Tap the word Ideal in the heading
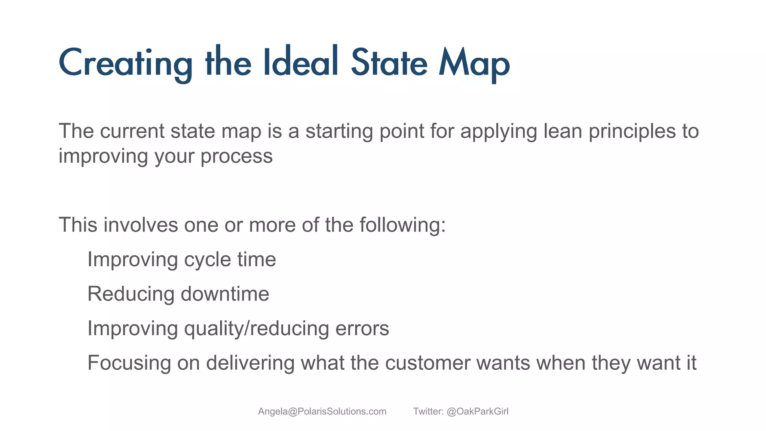301,62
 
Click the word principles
632,132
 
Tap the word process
236,156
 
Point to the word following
402,226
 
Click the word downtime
225,294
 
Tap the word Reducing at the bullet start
131,294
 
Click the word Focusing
129,363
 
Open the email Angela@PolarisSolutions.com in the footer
322,412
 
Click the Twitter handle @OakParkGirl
477,412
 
